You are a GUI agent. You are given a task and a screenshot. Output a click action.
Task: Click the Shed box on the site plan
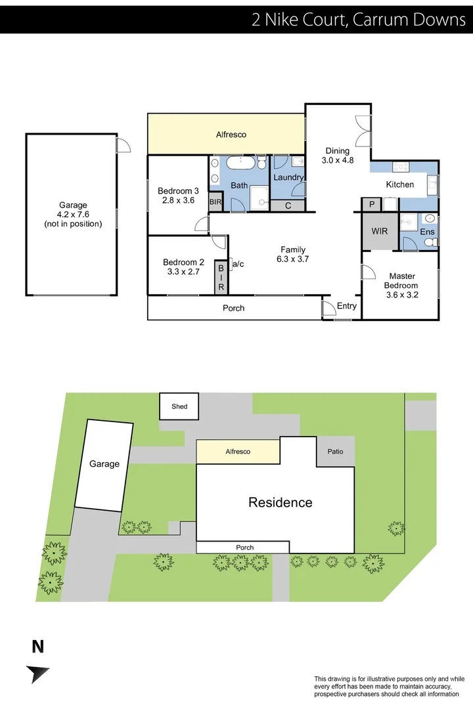[179, 406]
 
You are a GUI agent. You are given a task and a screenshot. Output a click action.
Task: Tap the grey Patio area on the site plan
[335, 452]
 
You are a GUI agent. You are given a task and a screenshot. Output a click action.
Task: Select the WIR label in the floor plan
[380, 232]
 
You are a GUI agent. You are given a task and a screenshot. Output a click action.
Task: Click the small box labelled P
[371, 205]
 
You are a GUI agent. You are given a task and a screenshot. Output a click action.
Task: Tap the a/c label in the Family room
[238, 264]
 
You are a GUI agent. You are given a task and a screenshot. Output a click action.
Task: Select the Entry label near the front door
[346, 306]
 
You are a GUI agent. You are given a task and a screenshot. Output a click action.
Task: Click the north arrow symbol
[37, 674]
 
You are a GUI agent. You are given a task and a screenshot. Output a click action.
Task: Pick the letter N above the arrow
[38, 647]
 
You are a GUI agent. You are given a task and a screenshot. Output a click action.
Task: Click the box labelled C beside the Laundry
[288, 205]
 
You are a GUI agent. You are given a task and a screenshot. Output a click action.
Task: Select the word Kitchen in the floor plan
[399, 184]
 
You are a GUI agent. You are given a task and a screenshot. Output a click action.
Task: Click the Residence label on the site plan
[280, 503]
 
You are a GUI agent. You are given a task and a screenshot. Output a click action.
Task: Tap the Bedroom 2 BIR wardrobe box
[221, 277]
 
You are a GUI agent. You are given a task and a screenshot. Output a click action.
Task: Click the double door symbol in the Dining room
[363, 132]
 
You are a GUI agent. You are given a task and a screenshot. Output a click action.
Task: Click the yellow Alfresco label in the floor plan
[231, 135]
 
